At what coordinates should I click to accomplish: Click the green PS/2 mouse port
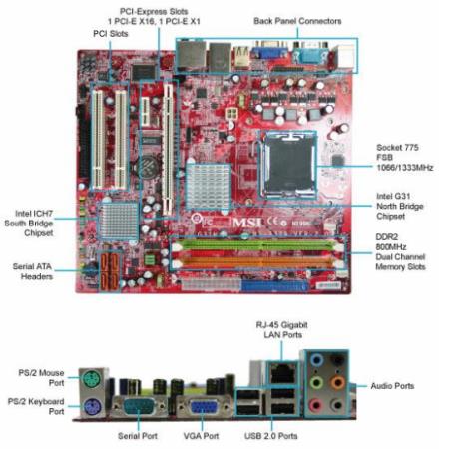coord(91,379)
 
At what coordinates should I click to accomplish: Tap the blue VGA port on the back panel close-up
coord(203,407)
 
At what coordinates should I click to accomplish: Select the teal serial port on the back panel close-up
coord(139,407)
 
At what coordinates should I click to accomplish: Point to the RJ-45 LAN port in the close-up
coord(282,373)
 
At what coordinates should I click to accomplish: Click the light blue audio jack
coord(316,360)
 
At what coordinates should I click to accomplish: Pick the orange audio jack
coord(337,382)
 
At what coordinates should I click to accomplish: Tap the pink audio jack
coord(315,405)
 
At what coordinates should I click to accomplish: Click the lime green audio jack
coord(316,382)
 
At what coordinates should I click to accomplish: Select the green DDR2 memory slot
coord(256,246)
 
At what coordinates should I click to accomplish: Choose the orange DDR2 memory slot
coord(256,262)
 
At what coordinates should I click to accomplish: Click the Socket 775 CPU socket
coord(288,165)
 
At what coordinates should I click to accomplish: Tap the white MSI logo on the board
coord(247,223)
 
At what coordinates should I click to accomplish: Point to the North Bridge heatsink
coord(209,187)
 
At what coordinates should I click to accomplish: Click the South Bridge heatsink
coord(118,221)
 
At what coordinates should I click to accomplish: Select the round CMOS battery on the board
coord(147,165)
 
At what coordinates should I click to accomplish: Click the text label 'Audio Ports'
coord(392,386)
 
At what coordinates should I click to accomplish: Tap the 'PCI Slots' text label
coord(111,34)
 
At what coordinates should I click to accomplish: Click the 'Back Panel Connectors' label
coord(297,21)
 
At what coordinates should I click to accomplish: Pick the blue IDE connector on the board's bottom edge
coord(274,286)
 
